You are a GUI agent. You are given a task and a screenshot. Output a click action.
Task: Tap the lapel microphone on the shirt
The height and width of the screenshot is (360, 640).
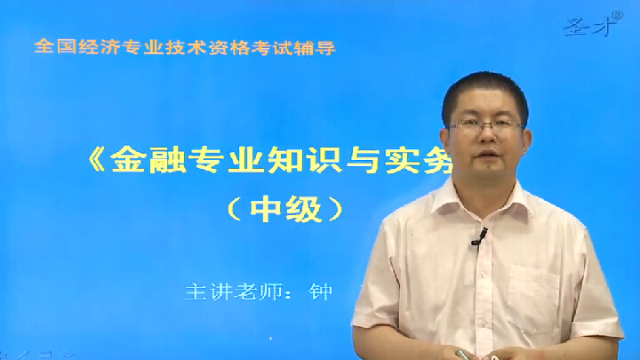[x=479, y=236]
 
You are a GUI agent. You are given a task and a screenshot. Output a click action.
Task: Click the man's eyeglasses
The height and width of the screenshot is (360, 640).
[x=485, y=126]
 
